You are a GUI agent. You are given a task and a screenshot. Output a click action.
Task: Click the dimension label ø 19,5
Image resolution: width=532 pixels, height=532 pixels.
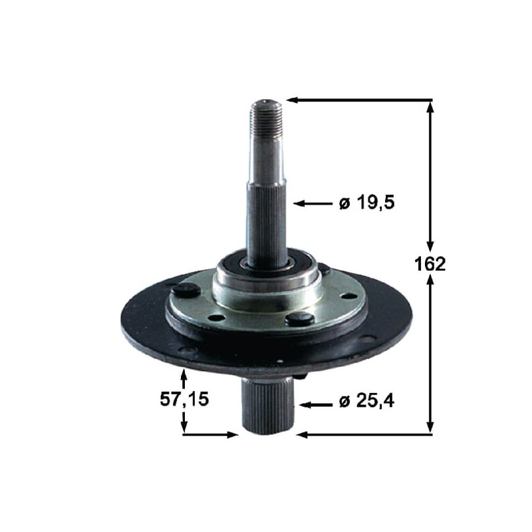click(x=367, y=203)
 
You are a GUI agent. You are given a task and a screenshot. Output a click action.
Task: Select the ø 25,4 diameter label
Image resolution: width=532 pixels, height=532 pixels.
click(x=367, y=402)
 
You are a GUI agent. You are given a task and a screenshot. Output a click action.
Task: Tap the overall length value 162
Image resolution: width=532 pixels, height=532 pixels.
click(x=430, y=263)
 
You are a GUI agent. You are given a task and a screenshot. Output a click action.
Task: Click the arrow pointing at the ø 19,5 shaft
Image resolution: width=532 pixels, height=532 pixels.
click(x=313, y=203)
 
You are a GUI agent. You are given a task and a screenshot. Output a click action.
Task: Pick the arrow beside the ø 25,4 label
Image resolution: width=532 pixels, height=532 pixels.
click(x=315, y=404)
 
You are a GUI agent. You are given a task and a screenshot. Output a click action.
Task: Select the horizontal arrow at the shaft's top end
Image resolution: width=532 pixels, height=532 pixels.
click(x=360, y=100)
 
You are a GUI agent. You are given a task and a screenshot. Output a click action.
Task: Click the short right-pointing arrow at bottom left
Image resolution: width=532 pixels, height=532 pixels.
click(x=209, y=435)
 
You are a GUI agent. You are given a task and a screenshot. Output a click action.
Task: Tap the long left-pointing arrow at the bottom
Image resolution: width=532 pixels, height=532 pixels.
click(x=364, y=434)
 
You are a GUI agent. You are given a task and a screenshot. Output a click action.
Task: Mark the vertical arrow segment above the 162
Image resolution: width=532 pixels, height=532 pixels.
click(x=430, y=176)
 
